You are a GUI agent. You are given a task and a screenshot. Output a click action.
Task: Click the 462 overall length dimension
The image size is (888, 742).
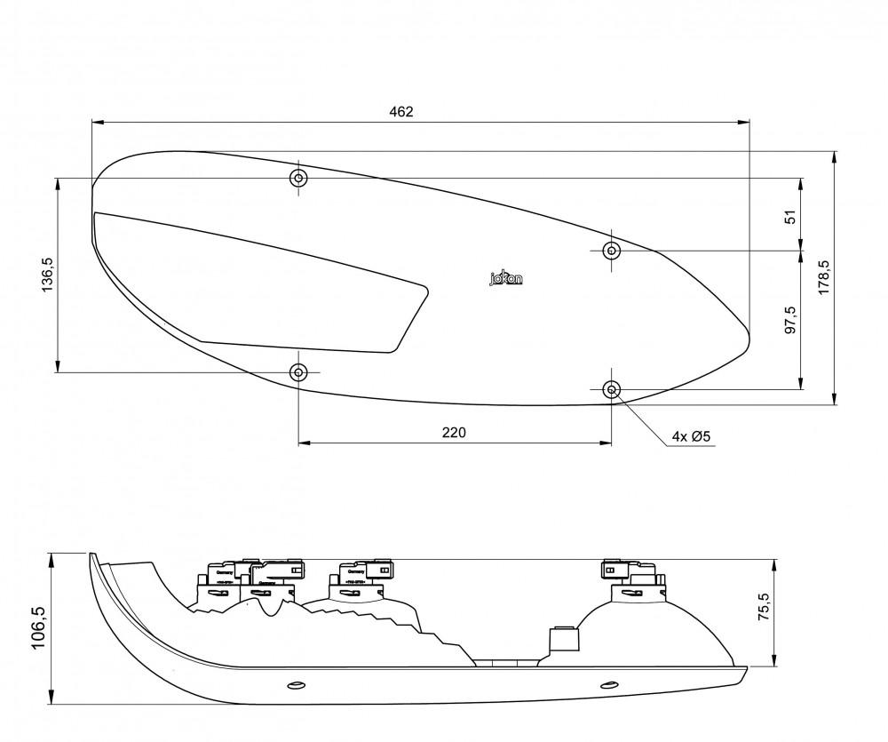401,112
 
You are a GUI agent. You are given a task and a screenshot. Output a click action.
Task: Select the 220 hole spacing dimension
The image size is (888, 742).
453,433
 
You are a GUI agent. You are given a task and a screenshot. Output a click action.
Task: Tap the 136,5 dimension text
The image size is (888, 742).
49,275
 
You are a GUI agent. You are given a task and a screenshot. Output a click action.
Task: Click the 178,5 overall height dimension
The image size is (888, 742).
823,278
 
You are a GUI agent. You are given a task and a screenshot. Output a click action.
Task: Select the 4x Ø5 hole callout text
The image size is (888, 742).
692,436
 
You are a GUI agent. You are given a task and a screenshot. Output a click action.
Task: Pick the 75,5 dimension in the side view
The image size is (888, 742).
763,611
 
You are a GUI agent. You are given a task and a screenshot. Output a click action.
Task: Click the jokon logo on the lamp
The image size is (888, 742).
506,278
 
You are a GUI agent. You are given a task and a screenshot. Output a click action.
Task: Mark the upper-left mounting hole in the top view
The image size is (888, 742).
298,179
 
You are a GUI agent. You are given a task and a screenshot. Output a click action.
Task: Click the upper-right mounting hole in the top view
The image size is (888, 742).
611,251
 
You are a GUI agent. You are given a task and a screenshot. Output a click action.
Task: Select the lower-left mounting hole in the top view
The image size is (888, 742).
298,371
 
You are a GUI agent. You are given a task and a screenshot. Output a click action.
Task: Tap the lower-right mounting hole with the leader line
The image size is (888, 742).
611,389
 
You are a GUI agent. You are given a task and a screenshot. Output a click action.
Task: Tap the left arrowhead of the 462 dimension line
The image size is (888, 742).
97,122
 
